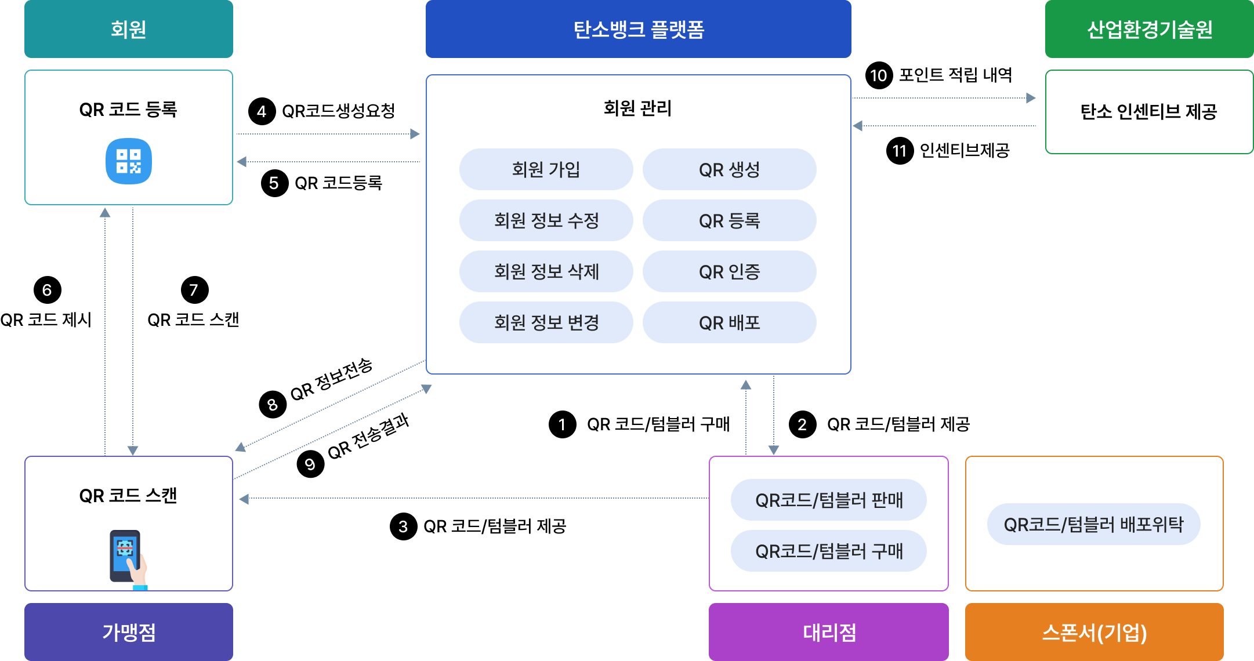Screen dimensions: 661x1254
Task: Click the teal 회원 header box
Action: (x=128, y=29)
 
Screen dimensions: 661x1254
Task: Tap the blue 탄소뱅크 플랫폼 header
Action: (x=638, y=29)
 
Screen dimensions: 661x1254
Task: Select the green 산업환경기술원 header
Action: (x=1149, y=29)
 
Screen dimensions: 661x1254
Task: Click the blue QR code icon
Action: (x=128, y=161)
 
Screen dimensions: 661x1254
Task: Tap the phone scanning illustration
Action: (x=128, y=558)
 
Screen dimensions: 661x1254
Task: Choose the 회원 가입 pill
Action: (x=546, y=169)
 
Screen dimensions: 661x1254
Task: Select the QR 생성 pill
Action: (x=729, y=169)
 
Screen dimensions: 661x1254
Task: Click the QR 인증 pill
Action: (x=729, y=271)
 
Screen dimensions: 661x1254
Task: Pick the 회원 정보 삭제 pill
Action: (x=546, y=271)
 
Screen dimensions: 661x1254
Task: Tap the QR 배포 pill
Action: (x=729, y=322)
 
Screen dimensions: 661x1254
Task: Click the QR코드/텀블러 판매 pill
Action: (x=828, y=500)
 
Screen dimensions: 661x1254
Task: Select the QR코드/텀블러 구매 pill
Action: (x=828, y=551)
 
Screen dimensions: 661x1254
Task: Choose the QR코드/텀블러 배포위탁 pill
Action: (x=1093, y=524)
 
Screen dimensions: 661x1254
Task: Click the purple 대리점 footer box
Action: (x=828, y=632)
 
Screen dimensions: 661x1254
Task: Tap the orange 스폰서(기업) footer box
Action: (x=1094, y=632)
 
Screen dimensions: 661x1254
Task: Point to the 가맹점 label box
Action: (x=128, y=632)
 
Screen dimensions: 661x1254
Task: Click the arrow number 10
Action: (x=878, y=76)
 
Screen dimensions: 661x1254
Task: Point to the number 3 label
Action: (x=403, y=526)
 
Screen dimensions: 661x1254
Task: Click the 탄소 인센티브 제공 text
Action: (x=1148, y=111)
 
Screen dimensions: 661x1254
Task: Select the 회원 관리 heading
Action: (x=637, y=108)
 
